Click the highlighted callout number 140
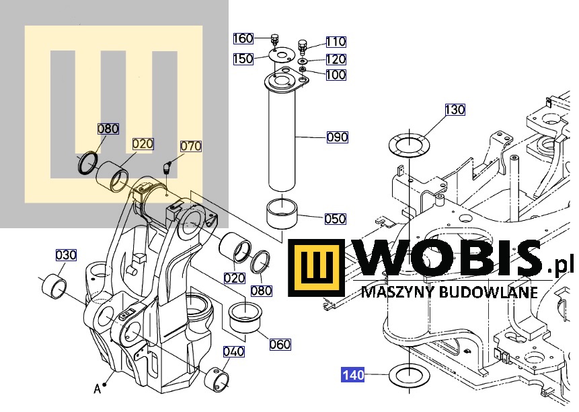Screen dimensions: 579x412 coord(353,375)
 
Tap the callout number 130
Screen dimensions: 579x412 coord(455,110)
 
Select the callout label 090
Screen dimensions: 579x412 coord(338,137)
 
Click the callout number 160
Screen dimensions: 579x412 coord(243,38)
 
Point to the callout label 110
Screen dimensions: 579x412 coord(336,42)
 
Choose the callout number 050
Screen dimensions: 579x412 coord(336,219)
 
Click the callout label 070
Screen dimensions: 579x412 coord(191,146)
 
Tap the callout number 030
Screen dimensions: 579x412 coord(66,255)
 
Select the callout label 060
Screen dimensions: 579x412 coord(280,345)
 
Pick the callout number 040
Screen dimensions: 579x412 coord(234,351)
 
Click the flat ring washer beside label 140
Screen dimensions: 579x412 coord(410,383)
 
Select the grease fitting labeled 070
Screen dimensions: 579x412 coord(167,167)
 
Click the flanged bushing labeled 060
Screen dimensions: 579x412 coord(245,317)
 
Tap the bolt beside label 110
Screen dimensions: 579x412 coord(302,46)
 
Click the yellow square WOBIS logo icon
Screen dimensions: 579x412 coord(317,268)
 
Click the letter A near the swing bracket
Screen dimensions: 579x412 coord(97,388)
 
